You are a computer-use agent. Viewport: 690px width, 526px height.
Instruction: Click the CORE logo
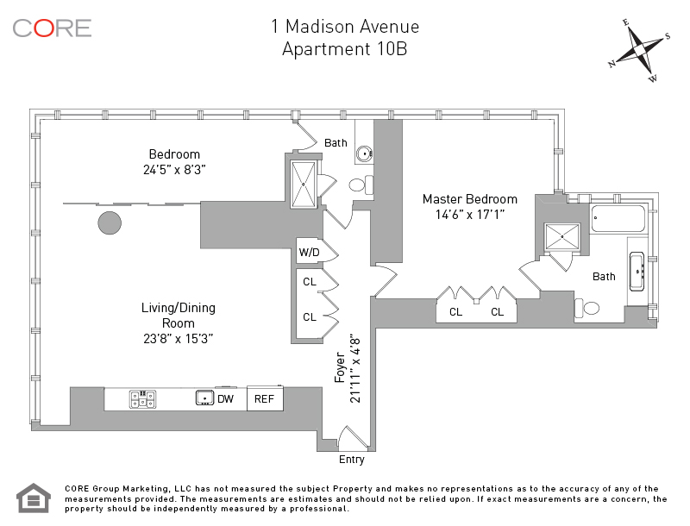click(52, 28)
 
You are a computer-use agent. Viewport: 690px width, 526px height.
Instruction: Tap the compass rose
click(639, 51)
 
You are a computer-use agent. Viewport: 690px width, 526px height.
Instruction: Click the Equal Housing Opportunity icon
click(34, 498)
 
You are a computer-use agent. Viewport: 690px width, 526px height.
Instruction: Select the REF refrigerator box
click(262, 399)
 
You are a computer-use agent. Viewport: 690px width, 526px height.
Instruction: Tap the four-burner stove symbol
click(142, 399)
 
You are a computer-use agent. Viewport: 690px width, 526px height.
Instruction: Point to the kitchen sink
click(204, 398)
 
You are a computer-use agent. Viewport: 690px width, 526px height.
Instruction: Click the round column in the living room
click(110, 222)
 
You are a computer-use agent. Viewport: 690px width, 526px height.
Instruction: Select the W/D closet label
click(308, 253)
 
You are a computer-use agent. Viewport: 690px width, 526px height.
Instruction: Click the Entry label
click(352, 460)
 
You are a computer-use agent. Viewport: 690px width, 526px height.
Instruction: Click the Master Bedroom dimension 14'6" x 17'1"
click(469, 215)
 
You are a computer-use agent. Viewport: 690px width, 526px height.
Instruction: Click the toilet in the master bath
click(592, 308)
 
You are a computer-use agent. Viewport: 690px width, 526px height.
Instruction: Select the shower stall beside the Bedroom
click(304, 183)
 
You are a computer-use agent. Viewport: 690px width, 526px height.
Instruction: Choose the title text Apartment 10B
click(344, 49)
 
